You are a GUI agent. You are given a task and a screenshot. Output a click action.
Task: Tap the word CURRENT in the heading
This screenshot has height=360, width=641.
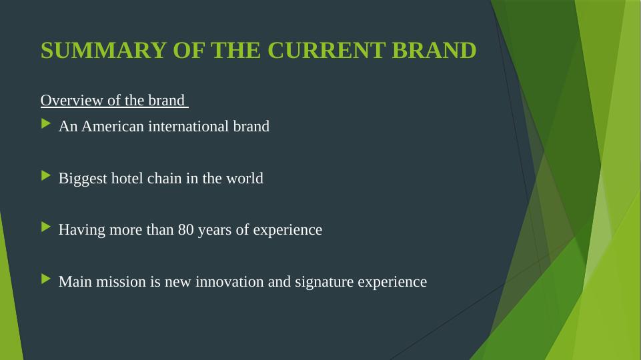pyautogui.click(x=327, y=51)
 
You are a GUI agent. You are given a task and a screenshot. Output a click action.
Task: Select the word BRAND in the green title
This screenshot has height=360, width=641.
pyautogui.click(x=434, y=51)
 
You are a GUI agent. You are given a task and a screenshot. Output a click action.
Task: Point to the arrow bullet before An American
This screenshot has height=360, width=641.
pyautogui.click(x=46, y=123)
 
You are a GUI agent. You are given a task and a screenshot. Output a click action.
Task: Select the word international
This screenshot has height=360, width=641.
pyautogui.click(x=189, y=126)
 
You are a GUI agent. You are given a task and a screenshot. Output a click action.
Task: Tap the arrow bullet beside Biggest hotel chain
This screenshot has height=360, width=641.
pyautogui.click(x=46, y=176)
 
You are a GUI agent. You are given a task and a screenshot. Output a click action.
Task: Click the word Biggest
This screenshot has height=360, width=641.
pyautogui.click(x=83, y=179)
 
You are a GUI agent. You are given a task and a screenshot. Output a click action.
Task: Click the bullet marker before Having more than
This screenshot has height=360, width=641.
pyautogui.click(x=46, y=227)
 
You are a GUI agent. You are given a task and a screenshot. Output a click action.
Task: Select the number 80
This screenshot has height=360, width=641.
pyautogui.click(x=185, y=229)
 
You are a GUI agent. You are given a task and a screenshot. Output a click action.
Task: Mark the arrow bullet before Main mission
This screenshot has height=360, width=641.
pyautogui.click(x=46, y=279)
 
